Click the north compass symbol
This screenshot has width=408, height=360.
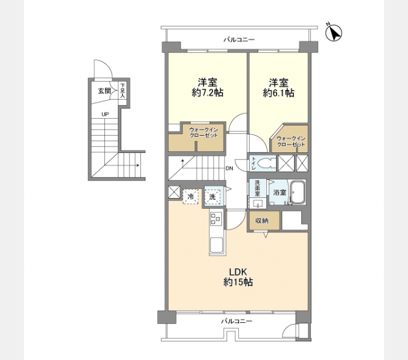pos(334,33)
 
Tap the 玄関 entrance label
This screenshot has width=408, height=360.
pos(104,91)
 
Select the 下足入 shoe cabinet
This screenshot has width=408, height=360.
pos(122,94)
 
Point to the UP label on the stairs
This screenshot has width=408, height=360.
pos(105,114)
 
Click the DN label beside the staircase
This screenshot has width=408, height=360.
pos(229,168)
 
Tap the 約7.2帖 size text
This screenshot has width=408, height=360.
pos(208,92)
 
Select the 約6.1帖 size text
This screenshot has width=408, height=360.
pos(278,92)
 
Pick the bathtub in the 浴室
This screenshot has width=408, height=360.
pos(298,193)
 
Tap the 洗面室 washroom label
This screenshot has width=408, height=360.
pos(257,188)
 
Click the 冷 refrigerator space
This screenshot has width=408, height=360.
pos(191,197)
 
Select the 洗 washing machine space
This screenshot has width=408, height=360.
pos(212,197)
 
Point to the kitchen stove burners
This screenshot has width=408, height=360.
pos(216,218)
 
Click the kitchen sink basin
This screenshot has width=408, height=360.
pos(217,245)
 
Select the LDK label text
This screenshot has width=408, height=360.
pos(238,272)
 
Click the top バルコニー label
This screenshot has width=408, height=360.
pos(239,40)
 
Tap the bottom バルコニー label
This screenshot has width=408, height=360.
pos(236,321)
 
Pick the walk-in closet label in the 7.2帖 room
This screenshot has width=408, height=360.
pos(203,133)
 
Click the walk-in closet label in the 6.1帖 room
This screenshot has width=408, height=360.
pos(291,142)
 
